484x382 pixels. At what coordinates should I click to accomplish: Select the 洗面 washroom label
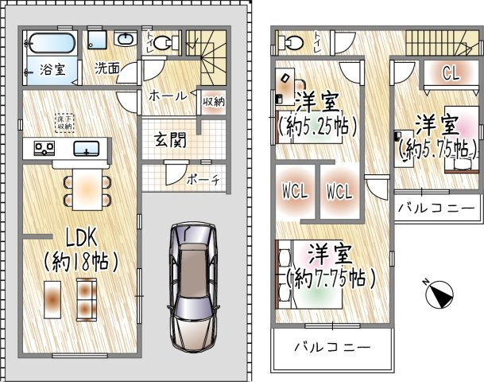(108, 68)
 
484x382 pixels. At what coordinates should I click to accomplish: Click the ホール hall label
(167, 95)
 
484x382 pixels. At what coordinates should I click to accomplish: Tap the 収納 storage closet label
(211, 101)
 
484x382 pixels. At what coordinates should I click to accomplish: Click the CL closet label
(451, 75)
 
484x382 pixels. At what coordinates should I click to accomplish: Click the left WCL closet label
(295, 192)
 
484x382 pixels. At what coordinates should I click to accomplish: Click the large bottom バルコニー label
(331, 348)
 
